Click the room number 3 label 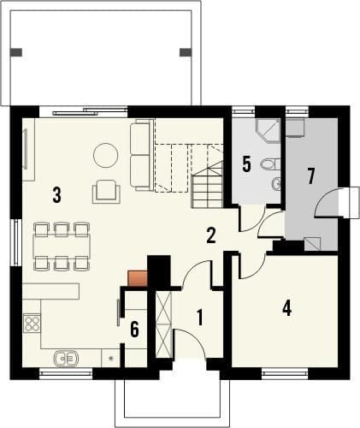tap(56, 194)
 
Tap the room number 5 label tap(246, 164)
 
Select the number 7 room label tap(311, 175)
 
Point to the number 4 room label tap(286, 308)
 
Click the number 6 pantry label tap(134, 329)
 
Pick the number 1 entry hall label tap(200, 318)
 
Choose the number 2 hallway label tap(211, 235)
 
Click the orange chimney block tap(138, 278)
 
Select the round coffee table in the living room tap(106, 155)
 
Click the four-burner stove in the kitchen tap(32, 323)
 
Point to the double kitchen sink tap(67, 358)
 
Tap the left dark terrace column tap(16, 52)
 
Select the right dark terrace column tap(186, 52)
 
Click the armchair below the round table tap(106, 191)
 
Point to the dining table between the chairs tap(62, 246)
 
